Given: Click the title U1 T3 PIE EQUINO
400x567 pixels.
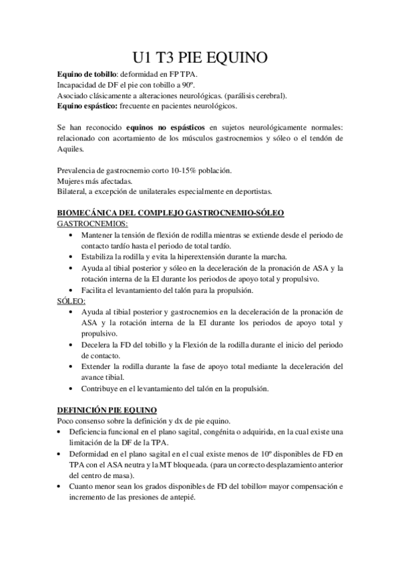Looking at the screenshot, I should click(x=200, y=58).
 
